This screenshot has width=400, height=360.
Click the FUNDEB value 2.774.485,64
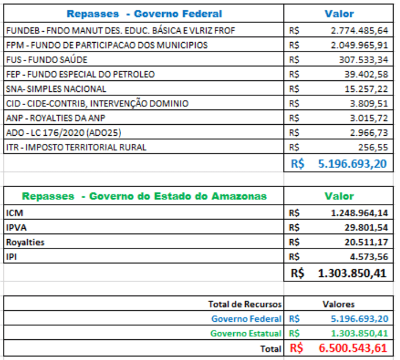[x=360, y=31]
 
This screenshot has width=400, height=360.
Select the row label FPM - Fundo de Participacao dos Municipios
[x=107, y=45]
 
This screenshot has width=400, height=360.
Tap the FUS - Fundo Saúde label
[x=47, y=60]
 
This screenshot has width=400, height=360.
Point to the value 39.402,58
[x=367, y=75]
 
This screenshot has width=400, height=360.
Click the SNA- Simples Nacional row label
[x=56, y=89]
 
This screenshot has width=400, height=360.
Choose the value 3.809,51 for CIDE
[x=369, y=103]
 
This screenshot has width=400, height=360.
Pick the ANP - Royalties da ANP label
[x=55, y=118]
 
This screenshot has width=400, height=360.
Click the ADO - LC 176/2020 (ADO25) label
[x=63, y=133]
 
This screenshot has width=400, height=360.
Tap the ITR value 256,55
[x=373, y=147]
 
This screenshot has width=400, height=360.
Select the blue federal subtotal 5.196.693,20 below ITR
[x=352, y=164]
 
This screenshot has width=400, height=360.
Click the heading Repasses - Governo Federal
[x=144, y=14]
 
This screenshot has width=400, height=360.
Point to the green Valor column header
[x=339, y=196]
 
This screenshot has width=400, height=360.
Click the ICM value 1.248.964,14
[x=360, y=213]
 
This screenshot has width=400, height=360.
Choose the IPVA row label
[x=16, y=228]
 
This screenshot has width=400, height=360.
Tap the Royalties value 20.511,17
[x=367, y=242]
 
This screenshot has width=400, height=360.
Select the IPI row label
[x=12, y=257]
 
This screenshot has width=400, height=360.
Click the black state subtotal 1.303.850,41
[x=352, y=273]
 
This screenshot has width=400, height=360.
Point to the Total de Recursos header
[x=245, y=304]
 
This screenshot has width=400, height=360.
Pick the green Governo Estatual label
[x=246, y=333]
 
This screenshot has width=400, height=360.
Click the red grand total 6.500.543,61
[x=353, y=348]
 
